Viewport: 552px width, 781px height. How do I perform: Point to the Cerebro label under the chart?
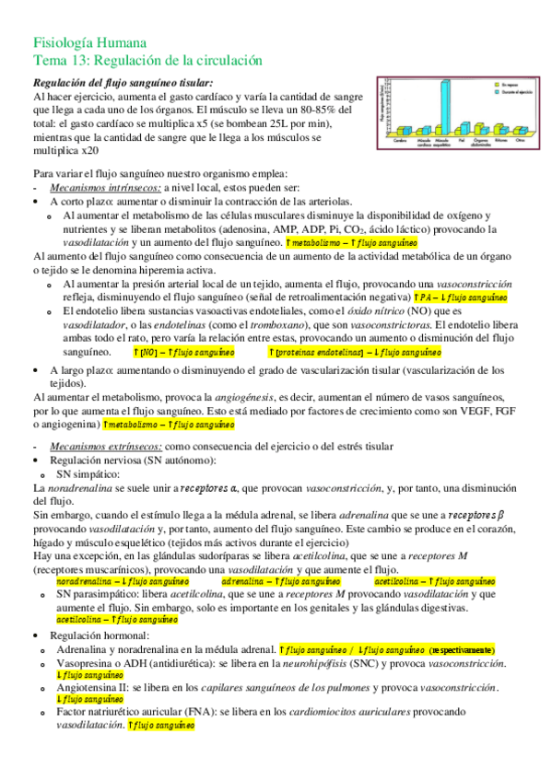(x=401, y=142)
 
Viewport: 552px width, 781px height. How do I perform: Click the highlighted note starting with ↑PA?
(x=474, y=298)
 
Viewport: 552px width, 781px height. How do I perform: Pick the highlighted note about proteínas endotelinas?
(x=356, y=353)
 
